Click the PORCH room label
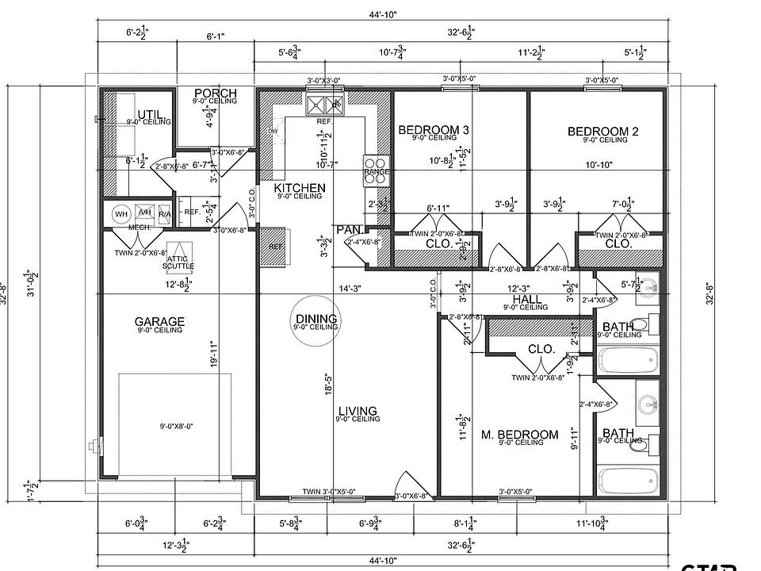pyautogui.click(x=215, y=94)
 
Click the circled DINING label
pyautogui.click(x=315, y=319)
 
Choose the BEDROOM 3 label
pyautogui.click(x=434, y=130)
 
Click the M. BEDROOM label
pyautogui.click(x=520, y=435)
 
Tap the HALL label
pyautogui.click(x=526, y=299)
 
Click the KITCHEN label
pyautogui.click(x=300, y=188)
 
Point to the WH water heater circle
pyautogui.click(x=121, y=214)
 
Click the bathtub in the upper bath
pyautogui.click(x=627, y=360)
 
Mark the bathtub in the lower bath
pyautogui.click(x=627, y=481)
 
